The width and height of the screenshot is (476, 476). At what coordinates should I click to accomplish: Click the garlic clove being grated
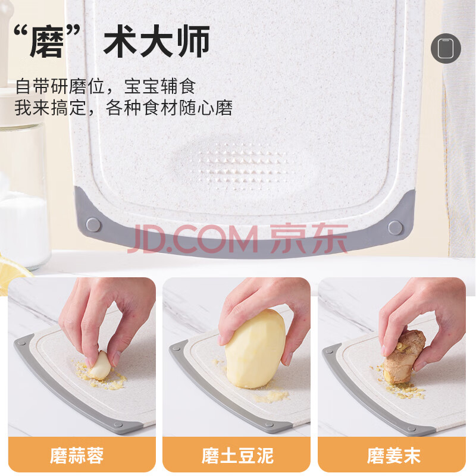pos(100,365)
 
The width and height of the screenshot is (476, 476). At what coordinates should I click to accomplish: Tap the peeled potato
pos(255,349)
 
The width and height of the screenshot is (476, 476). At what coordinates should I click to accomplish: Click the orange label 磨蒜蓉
pos(77,455)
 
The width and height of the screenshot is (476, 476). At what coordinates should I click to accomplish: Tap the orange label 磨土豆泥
pos(237,455)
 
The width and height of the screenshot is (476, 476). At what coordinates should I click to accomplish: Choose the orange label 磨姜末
pos(393,455)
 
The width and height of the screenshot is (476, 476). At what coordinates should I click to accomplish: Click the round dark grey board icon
pos(446,48)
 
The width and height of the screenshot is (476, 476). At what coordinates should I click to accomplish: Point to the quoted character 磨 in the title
pos(47,42)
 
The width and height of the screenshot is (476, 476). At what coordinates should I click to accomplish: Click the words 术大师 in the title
pos(156,42)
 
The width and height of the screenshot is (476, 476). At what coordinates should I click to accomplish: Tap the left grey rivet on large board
pos(93,225)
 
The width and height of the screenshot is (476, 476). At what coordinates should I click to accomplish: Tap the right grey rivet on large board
pos(395,228)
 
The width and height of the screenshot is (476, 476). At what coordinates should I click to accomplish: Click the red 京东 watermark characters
pos(309,239)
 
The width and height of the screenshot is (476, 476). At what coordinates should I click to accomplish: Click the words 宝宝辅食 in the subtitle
pos(160,86)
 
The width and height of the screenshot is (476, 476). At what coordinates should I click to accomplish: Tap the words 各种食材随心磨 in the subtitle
pos(170,108)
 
